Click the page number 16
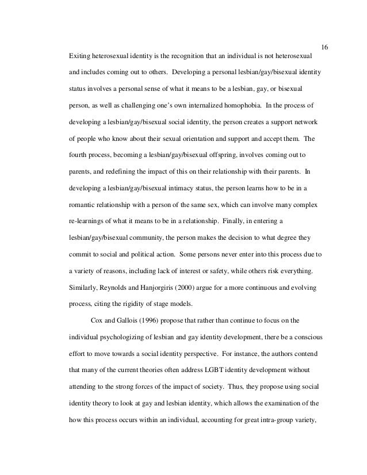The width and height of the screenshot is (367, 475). pos(323,47)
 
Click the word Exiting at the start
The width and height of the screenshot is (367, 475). pos(79,58)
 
